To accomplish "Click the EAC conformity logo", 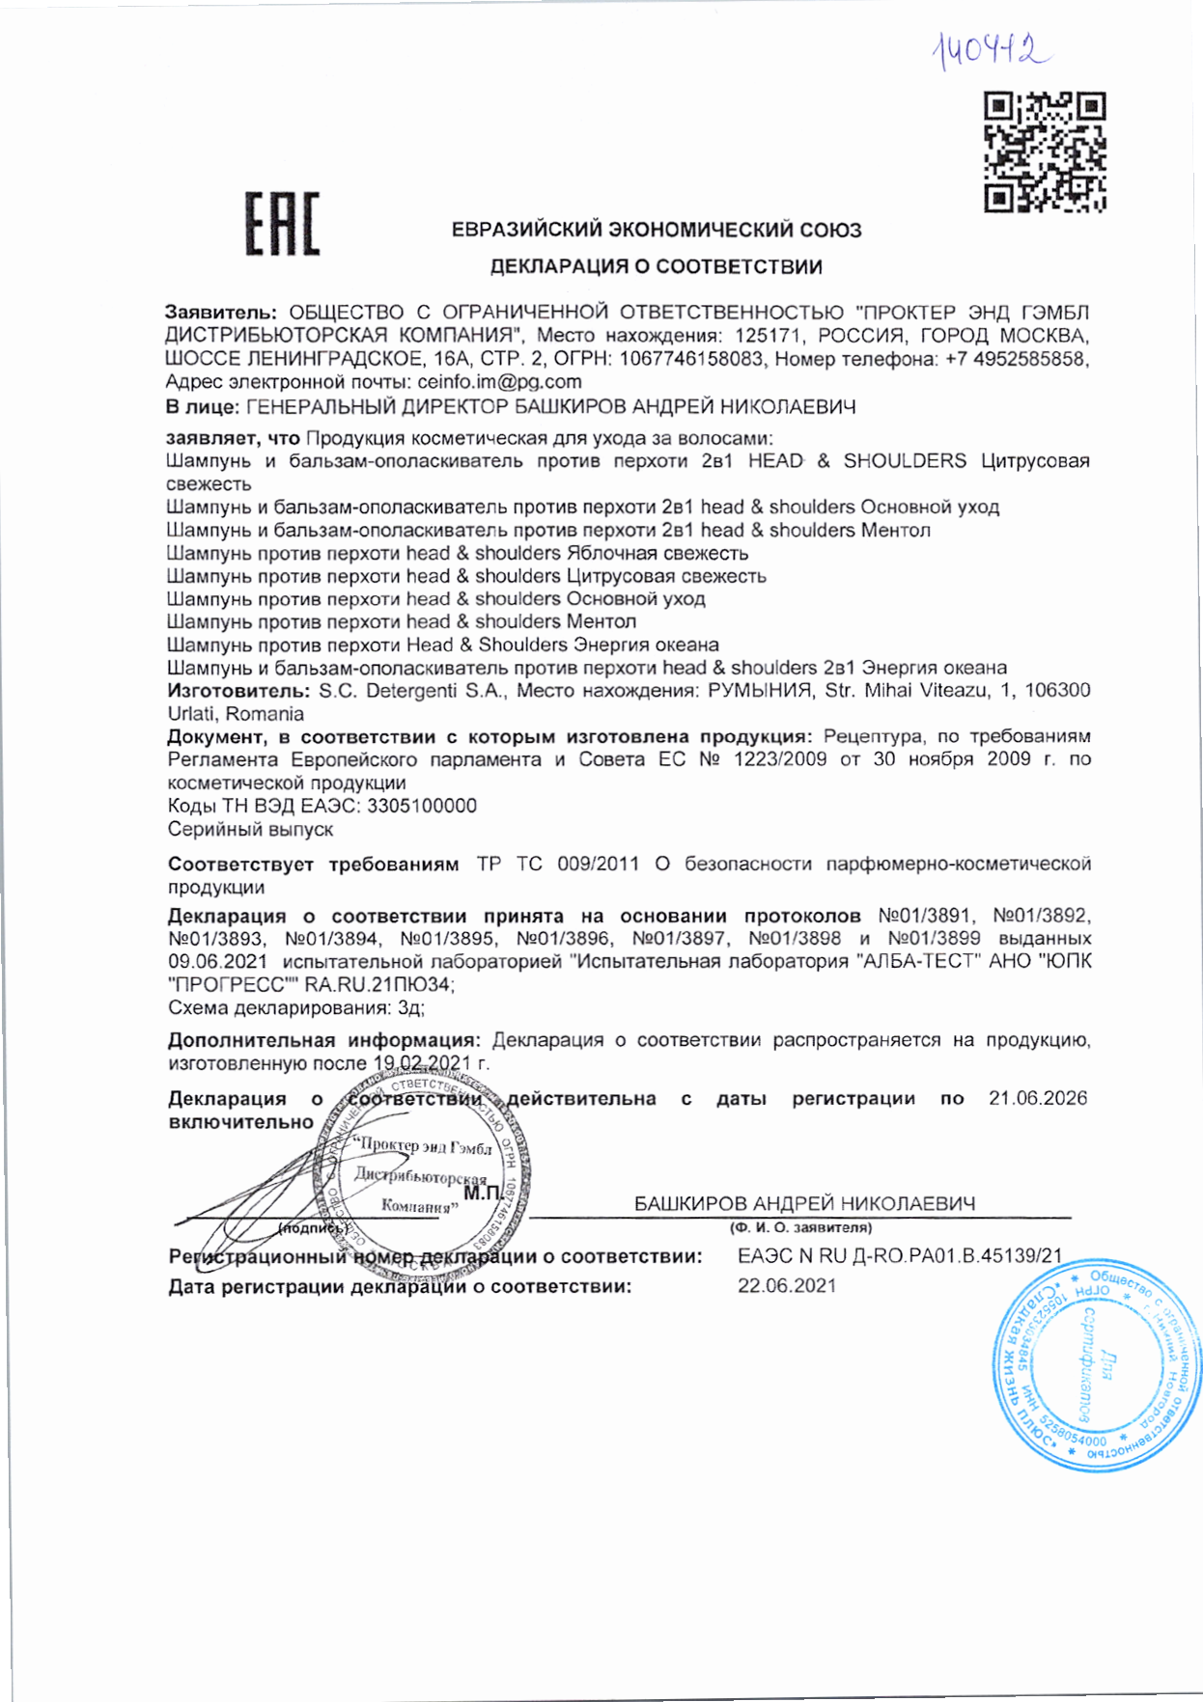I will [282, 224].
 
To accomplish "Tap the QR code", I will [1045, 152].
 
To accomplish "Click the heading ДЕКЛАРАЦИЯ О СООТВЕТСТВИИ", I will [656, 267].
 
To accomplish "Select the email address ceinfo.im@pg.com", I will [499, 382].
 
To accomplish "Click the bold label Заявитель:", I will [221, 313].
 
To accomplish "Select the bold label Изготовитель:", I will [238, 691].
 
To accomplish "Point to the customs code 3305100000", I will [421, 806].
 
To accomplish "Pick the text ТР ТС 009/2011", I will [557, 864].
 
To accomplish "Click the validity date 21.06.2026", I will [1037, 1098].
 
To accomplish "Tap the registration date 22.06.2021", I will [787, 1286].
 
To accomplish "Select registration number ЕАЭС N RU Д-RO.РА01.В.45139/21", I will [899, 1256].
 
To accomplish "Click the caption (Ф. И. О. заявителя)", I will [800, 1228].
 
